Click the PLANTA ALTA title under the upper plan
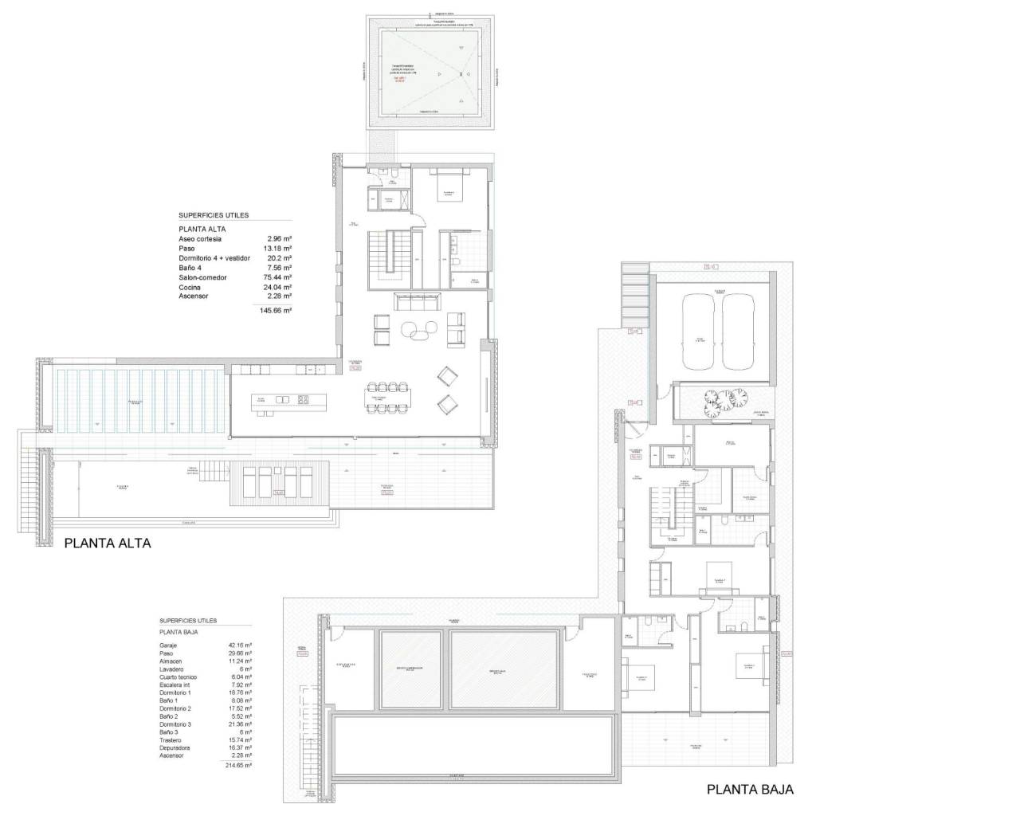click(107, 543)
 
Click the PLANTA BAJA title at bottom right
click(750, 790)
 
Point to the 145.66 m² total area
click(276, 310)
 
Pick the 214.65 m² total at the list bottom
click(237, 764)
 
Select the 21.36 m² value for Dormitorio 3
click(239, 724)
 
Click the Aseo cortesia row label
click(200, 239)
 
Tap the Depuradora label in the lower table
click(175, 748)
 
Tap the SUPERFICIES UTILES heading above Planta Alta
click(214, 215)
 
